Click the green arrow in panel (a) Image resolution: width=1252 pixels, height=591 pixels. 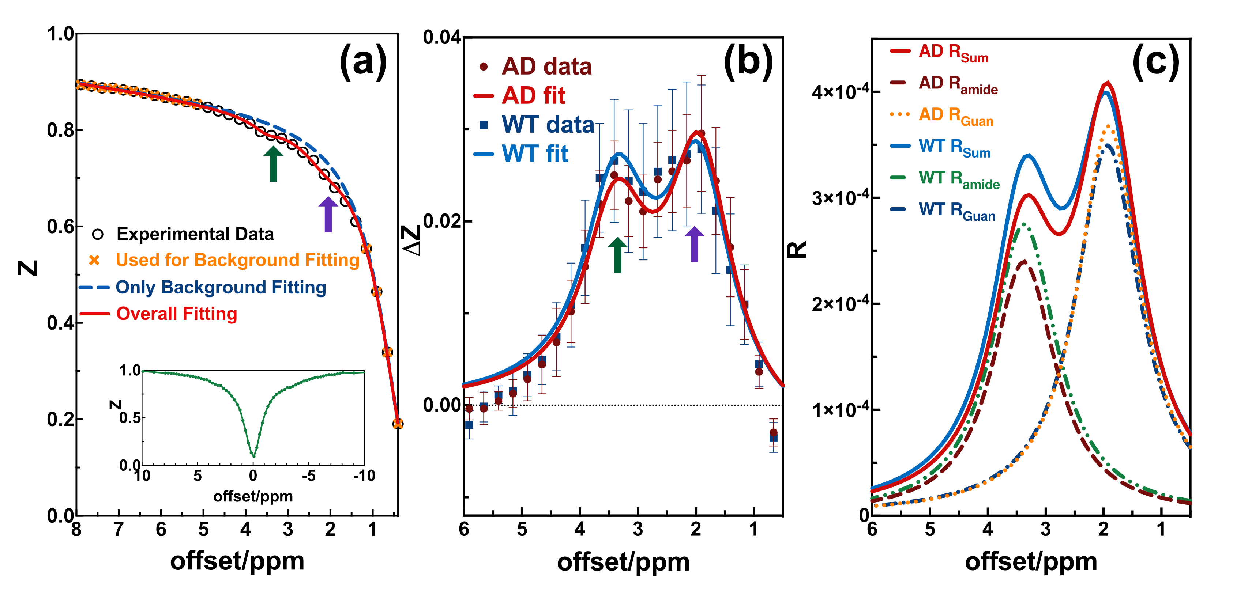pos(273,164)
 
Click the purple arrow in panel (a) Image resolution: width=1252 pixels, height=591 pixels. pos(328,215)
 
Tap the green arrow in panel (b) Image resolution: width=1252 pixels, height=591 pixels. pos(617,255)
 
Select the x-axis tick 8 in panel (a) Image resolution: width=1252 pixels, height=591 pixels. pos(76,529)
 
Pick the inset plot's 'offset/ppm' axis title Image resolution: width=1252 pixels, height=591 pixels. pos(253,496)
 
